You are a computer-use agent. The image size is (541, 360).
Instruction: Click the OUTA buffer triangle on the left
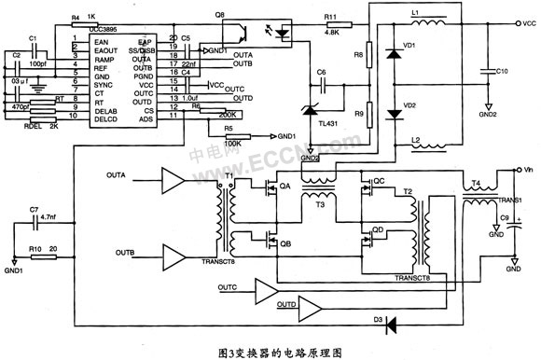[173, 179]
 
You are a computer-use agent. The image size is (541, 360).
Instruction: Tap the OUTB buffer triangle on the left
[173, 253]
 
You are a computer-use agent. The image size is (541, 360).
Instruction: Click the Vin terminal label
[527, 172]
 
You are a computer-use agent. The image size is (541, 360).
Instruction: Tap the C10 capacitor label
[502, 72]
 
